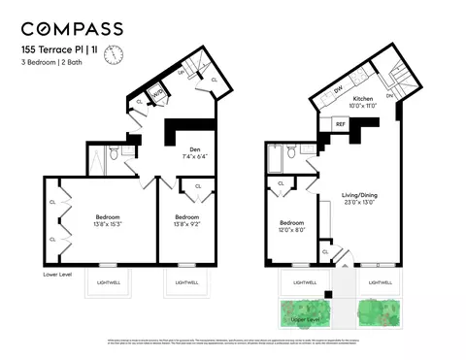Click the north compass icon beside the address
click(114, 53)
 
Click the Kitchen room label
click(363, 100)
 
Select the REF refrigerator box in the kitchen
click(341, 124)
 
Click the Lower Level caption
click(59, 275)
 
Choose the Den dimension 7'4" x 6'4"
click(194, 155)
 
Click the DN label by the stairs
click(389, 96)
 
